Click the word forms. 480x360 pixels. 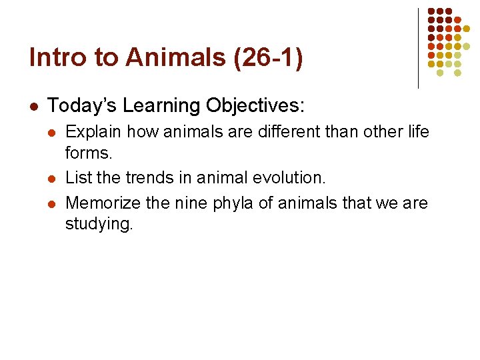[88, 153]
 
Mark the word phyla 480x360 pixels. [232, 203]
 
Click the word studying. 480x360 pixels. [99, 224]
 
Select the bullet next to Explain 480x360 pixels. [54, 133]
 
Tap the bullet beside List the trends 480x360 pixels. [54, 179]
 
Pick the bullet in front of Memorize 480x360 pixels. [54, 203]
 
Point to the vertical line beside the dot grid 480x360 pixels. [418, 48]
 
